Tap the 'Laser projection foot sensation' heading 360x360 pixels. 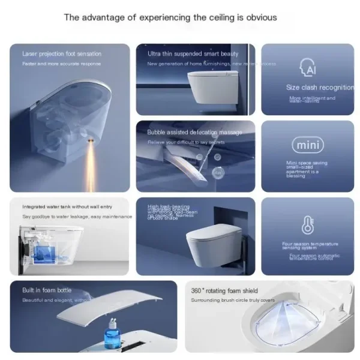(x=62, y=54)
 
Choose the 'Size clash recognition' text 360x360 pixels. (x=320, y=88)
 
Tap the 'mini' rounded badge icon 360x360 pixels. (x=307, y=145)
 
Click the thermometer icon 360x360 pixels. (x=307, y=224)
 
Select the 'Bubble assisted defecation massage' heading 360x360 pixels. (x=194, y=132)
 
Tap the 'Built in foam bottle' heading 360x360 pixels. (x=47, y=290)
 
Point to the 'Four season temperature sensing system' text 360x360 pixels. (x=310, y=246)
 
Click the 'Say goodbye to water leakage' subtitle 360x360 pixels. (x=77, y=217)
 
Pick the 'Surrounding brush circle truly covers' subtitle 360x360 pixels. (x=233, y=300)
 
